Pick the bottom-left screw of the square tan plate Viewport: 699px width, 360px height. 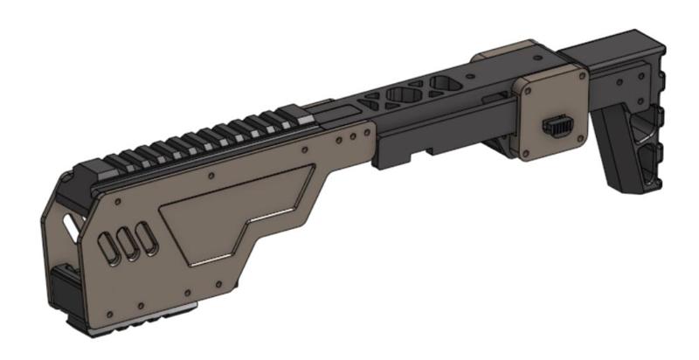coord(529,155)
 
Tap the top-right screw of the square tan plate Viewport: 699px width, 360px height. coord(579,87)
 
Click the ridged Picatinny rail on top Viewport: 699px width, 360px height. coord(201,140)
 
